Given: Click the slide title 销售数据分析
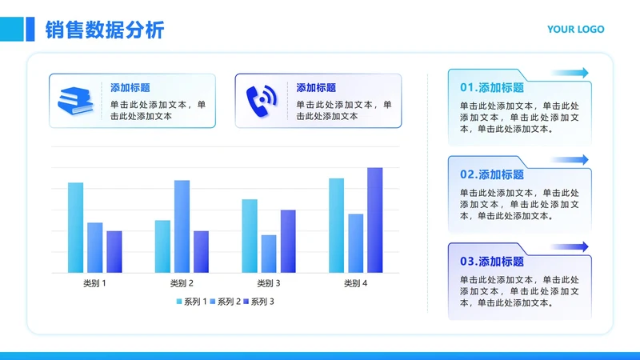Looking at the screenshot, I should (x=105, y=30).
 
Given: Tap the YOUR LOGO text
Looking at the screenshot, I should (x=575, y=30).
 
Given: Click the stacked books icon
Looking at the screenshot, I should (x=75, y=100).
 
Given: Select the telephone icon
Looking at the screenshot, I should (x=260, y=100).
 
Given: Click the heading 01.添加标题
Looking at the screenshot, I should (x=492, y=88).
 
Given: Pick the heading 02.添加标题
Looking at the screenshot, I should (x=492, y=174).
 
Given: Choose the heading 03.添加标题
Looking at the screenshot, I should (x=492, y=262).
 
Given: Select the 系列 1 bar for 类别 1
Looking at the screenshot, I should (x=75, y=228).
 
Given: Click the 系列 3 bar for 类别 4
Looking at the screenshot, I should (x=374, y=220).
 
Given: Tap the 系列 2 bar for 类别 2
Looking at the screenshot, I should (x=182, y=226).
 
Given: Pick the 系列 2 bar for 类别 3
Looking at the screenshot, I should (x=269, y=254).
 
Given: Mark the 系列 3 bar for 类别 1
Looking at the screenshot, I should (x=114, y=252).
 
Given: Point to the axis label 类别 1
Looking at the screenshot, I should (x=94, y=283).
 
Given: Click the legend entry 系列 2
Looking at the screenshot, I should (x=224, y=302).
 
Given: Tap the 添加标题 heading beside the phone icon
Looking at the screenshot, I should (x=316, y=88).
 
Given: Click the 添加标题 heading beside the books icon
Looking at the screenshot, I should (x=130, y=88).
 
